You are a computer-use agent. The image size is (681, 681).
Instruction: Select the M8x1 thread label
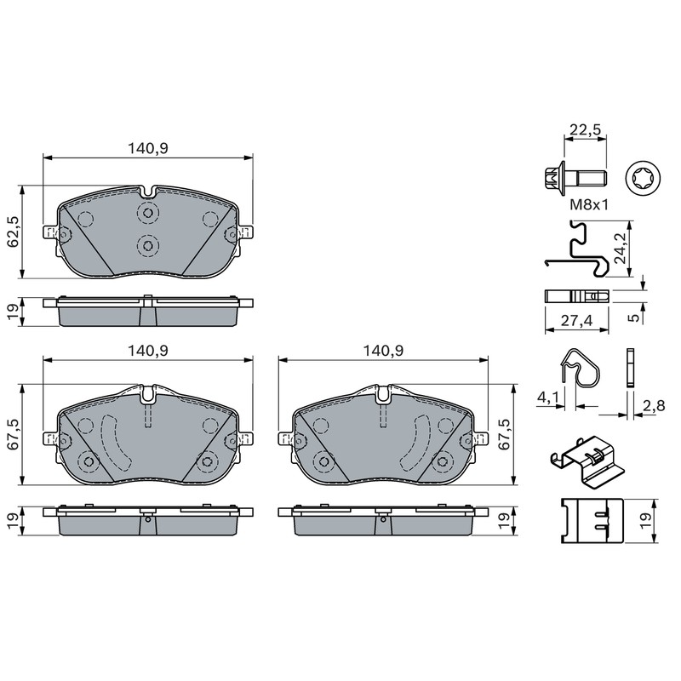[589, 204]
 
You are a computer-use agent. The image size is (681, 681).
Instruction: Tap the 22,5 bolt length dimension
[585, 129]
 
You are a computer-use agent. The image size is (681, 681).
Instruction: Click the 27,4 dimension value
[576, 321]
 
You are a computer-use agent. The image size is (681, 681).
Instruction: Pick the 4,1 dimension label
[547, 397]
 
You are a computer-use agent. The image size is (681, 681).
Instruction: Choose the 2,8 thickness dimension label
[654, 406]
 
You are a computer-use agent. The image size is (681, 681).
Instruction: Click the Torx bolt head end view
[643, 179]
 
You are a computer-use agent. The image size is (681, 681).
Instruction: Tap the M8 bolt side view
[575, 178]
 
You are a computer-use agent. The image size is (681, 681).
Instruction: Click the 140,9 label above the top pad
[147, 148]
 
